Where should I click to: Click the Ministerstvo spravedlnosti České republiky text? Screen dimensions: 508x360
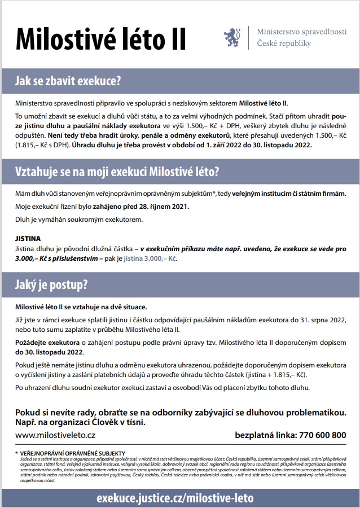301,37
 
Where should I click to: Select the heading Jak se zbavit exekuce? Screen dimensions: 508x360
68,81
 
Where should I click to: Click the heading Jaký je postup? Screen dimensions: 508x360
51,285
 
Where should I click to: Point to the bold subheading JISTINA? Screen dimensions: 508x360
28,239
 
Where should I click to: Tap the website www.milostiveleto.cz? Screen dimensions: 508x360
55,435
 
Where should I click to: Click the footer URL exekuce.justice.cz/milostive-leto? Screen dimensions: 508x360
175,498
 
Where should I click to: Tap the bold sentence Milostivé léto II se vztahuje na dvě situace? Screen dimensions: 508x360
81,307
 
